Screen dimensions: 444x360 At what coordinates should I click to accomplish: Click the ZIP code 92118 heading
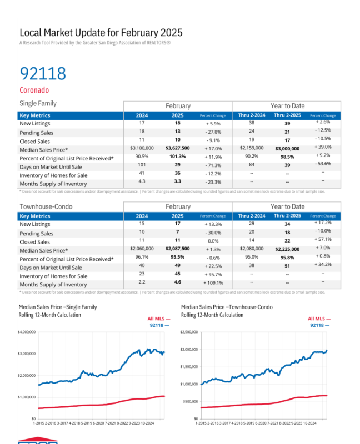[x=43, y=73]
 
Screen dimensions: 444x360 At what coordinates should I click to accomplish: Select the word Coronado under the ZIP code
[x=34, y=90]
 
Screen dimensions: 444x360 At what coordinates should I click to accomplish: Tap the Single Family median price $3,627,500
[x=178, y=149]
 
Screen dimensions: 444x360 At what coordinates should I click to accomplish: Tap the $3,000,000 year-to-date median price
[x=287, y=149]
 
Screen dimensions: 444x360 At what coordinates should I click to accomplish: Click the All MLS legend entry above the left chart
[x=158, y=319]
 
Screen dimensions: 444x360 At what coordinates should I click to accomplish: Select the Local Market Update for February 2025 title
[x=101, y=33]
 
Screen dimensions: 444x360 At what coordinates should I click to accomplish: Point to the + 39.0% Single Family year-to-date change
[x=323, y=147]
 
